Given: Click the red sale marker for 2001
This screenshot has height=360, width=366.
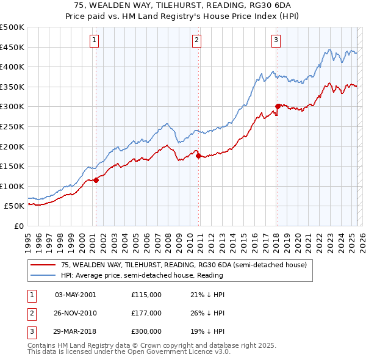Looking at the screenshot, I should pos(96,180).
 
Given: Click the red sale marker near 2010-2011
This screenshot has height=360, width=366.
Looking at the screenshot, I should pos(199,156).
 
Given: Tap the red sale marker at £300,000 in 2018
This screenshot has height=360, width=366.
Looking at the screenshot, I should pos(278,106).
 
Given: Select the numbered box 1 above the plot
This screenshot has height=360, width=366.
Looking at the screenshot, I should pos(95,41).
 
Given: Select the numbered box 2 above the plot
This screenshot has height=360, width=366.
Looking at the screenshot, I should pos(198,41).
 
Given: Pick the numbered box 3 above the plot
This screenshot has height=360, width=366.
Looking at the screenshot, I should pos(276,41).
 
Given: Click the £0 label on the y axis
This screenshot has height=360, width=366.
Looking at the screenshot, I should pos(18,226).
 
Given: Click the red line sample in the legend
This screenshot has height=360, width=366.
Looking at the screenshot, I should pos(43,265).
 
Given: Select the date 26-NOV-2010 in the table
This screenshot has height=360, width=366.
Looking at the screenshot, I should pos(76,313).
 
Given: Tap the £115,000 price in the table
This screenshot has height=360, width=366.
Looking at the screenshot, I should pos(146,295).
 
